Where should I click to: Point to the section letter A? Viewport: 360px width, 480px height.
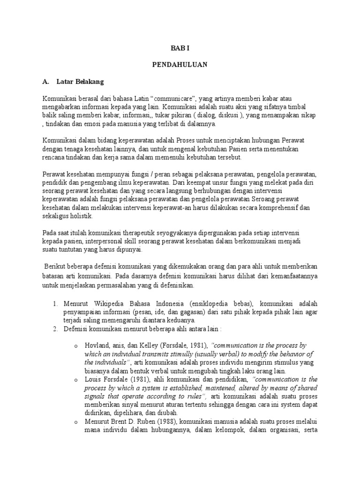click(x=45, y=81)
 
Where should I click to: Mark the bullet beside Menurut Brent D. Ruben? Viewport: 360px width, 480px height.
click(x=76, y=422)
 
